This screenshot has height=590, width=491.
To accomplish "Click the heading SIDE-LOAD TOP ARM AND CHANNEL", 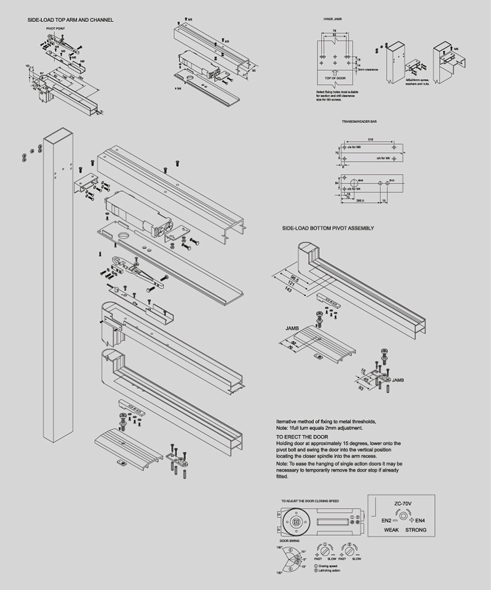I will [70, 21].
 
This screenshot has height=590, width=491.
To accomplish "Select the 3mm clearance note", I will [368, 70].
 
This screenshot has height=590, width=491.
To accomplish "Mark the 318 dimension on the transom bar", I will [370, 140].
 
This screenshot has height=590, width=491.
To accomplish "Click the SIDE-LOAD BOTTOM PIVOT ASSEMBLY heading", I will [328, 228].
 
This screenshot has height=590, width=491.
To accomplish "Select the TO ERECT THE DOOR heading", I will [297, 437].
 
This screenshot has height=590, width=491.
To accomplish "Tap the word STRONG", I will [415, 530].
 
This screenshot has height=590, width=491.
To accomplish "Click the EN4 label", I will [420, 520].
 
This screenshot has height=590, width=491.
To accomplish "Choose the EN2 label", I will [386, 520].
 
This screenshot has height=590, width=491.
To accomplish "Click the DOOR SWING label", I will [289, 540].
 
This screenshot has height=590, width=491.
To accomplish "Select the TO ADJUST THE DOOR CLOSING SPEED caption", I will [310, 500].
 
